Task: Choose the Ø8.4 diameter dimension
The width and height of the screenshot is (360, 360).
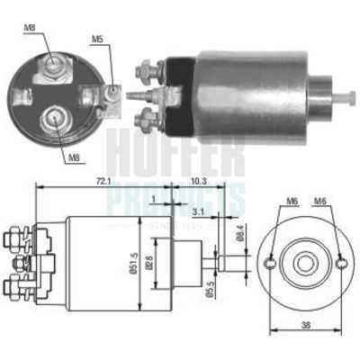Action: coord(239,236)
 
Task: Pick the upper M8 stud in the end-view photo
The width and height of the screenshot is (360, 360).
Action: coord(53,63)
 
